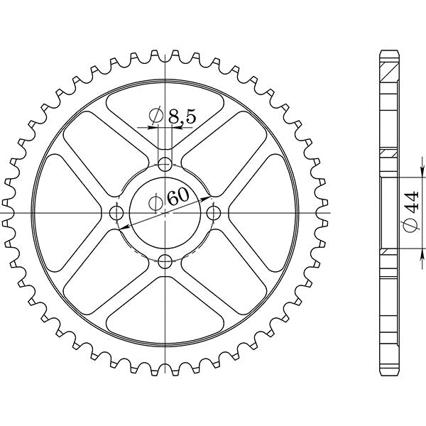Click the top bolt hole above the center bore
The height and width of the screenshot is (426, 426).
point(165,165)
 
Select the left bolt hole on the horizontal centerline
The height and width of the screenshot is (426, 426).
point(117,212)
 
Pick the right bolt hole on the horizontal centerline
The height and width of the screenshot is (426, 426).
point(212,212)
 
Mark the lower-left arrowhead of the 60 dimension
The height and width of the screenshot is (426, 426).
point(123,227)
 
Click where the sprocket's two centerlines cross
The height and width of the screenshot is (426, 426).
point(165,212)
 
